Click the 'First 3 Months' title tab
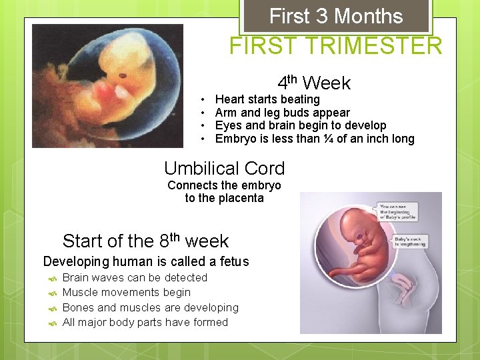pos(336,17)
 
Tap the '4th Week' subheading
pos(314,83)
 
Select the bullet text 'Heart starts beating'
pos(267,99)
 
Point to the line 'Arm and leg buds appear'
pos(282,113)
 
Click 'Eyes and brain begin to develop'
pos(301,125)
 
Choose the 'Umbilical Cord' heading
pos(224,169)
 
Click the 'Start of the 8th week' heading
pos(145,241)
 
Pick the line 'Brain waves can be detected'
pos(135,277)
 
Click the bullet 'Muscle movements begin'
pos(126,292)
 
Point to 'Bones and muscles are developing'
pos(150,307)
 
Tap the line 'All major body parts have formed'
pos(145,322)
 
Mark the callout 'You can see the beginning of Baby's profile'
pos(398,212)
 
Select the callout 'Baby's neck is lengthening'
pos(411,242)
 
